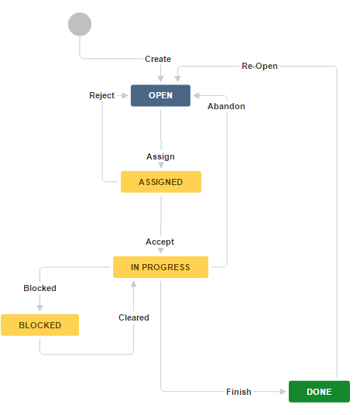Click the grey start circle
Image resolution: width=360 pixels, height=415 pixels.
(80, 24)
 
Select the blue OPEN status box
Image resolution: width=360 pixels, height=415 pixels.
(160, 96)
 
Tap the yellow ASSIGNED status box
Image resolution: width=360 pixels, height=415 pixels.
(161, 182)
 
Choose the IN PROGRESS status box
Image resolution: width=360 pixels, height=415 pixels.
(160, 267)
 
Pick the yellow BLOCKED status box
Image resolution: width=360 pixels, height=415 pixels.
(40, 325)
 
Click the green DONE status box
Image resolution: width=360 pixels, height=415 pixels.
(319, 392)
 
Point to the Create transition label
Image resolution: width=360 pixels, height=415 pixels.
(158, 59)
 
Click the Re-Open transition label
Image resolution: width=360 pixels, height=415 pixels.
(259, 67)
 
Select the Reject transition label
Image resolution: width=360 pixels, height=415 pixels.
(101, 95)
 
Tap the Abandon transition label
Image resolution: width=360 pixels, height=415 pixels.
(226, 106)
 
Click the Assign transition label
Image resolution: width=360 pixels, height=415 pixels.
(160, 156)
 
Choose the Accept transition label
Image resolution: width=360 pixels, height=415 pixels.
(160, 242)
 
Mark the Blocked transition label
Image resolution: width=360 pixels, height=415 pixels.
(39, 288)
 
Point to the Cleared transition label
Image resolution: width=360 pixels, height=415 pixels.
(134, 317)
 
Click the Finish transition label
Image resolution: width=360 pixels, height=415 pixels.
(238, 392)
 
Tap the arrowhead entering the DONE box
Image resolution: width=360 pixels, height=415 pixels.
(283, 392)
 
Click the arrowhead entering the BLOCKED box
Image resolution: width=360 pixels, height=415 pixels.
(40, 309)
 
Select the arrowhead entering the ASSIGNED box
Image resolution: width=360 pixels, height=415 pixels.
(161, 166)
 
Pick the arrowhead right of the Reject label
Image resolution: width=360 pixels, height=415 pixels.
(125, 95)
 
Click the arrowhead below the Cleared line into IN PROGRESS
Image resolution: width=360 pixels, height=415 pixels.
(133, 283)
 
